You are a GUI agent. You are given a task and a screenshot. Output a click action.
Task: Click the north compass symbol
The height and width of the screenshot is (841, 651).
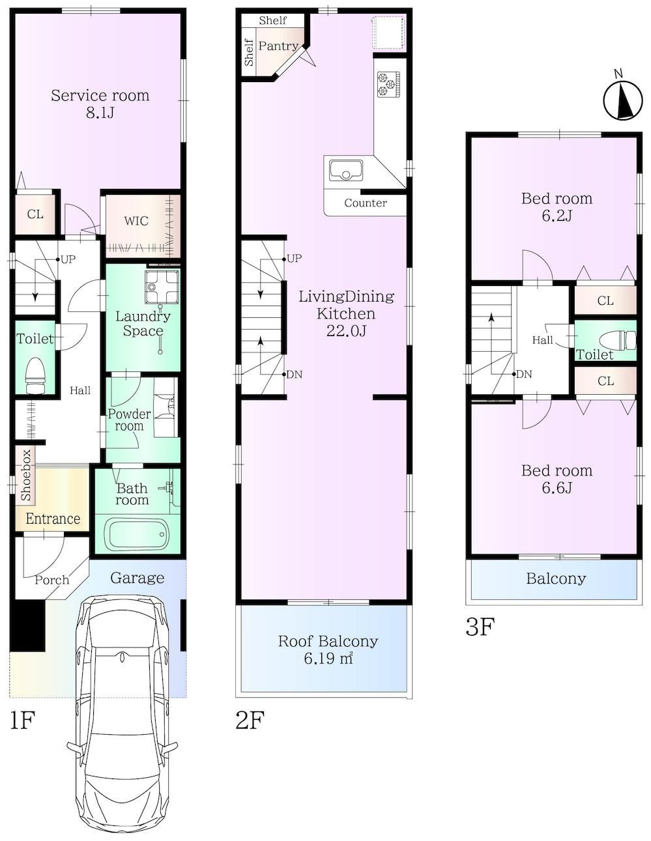click(x=623, y=100)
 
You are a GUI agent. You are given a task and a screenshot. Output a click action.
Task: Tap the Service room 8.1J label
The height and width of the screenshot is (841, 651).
click(x=100, y=104)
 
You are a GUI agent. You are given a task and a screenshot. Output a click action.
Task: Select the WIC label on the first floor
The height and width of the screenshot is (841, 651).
click(x=136, y=221)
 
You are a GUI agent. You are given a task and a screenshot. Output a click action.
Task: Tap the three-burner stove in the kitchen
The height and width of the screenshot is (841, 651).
click(x=388, y=85)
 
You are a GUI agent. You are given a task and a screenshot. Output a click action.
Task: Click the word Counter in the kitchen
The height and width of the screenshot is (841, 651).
click(x=366, y=203)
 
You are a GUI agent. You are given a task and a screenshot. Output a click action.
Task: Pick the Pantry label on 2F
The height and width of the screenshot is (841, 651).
click(x=278, y=46)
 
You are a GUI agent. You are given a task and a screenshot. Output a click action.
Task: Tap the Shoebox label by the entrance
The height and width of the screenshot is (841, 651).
click(x=25, y=475)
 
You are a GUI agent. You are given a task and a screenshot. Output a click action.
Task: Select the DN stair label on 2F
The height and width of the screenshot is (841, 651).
click(x=294, y=375)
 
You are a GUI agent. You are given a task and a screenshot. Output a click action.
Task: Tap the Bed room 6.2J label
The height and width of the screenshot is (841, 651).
click(x=557, y=207)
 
